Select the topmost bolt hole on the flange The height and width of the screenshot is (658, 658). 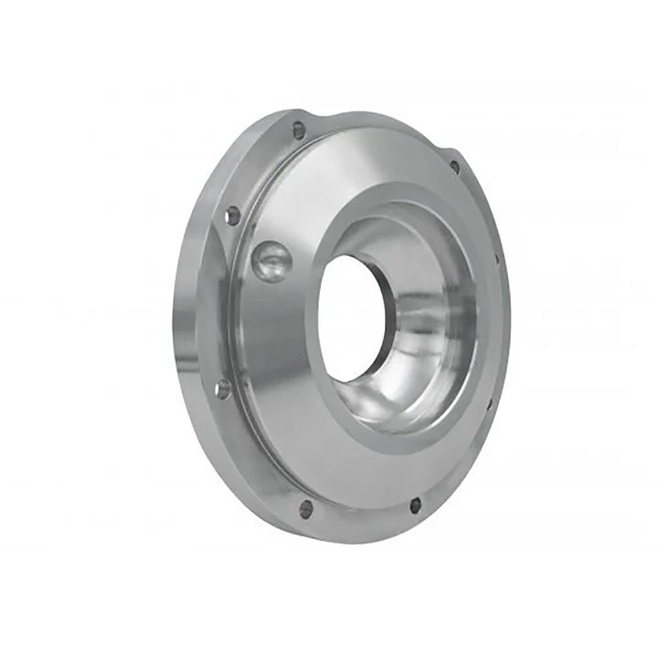point(299,130)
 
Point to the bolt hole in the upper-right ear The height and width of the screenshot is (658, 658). point(454,166)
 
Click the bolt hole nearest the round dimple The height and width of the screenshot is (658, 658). point(232,216)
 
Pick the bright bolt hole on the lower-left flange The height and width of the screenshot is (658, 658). point(222,388)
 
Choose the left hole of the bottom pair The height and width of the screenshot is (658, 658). point(306,508)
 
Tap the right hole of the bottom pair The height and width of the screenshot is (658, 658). point(415,504)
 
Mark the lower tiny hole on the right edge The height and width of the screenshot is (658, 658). point(490,402)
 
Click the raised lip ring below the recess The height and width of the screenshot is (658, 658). point(402,439)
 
